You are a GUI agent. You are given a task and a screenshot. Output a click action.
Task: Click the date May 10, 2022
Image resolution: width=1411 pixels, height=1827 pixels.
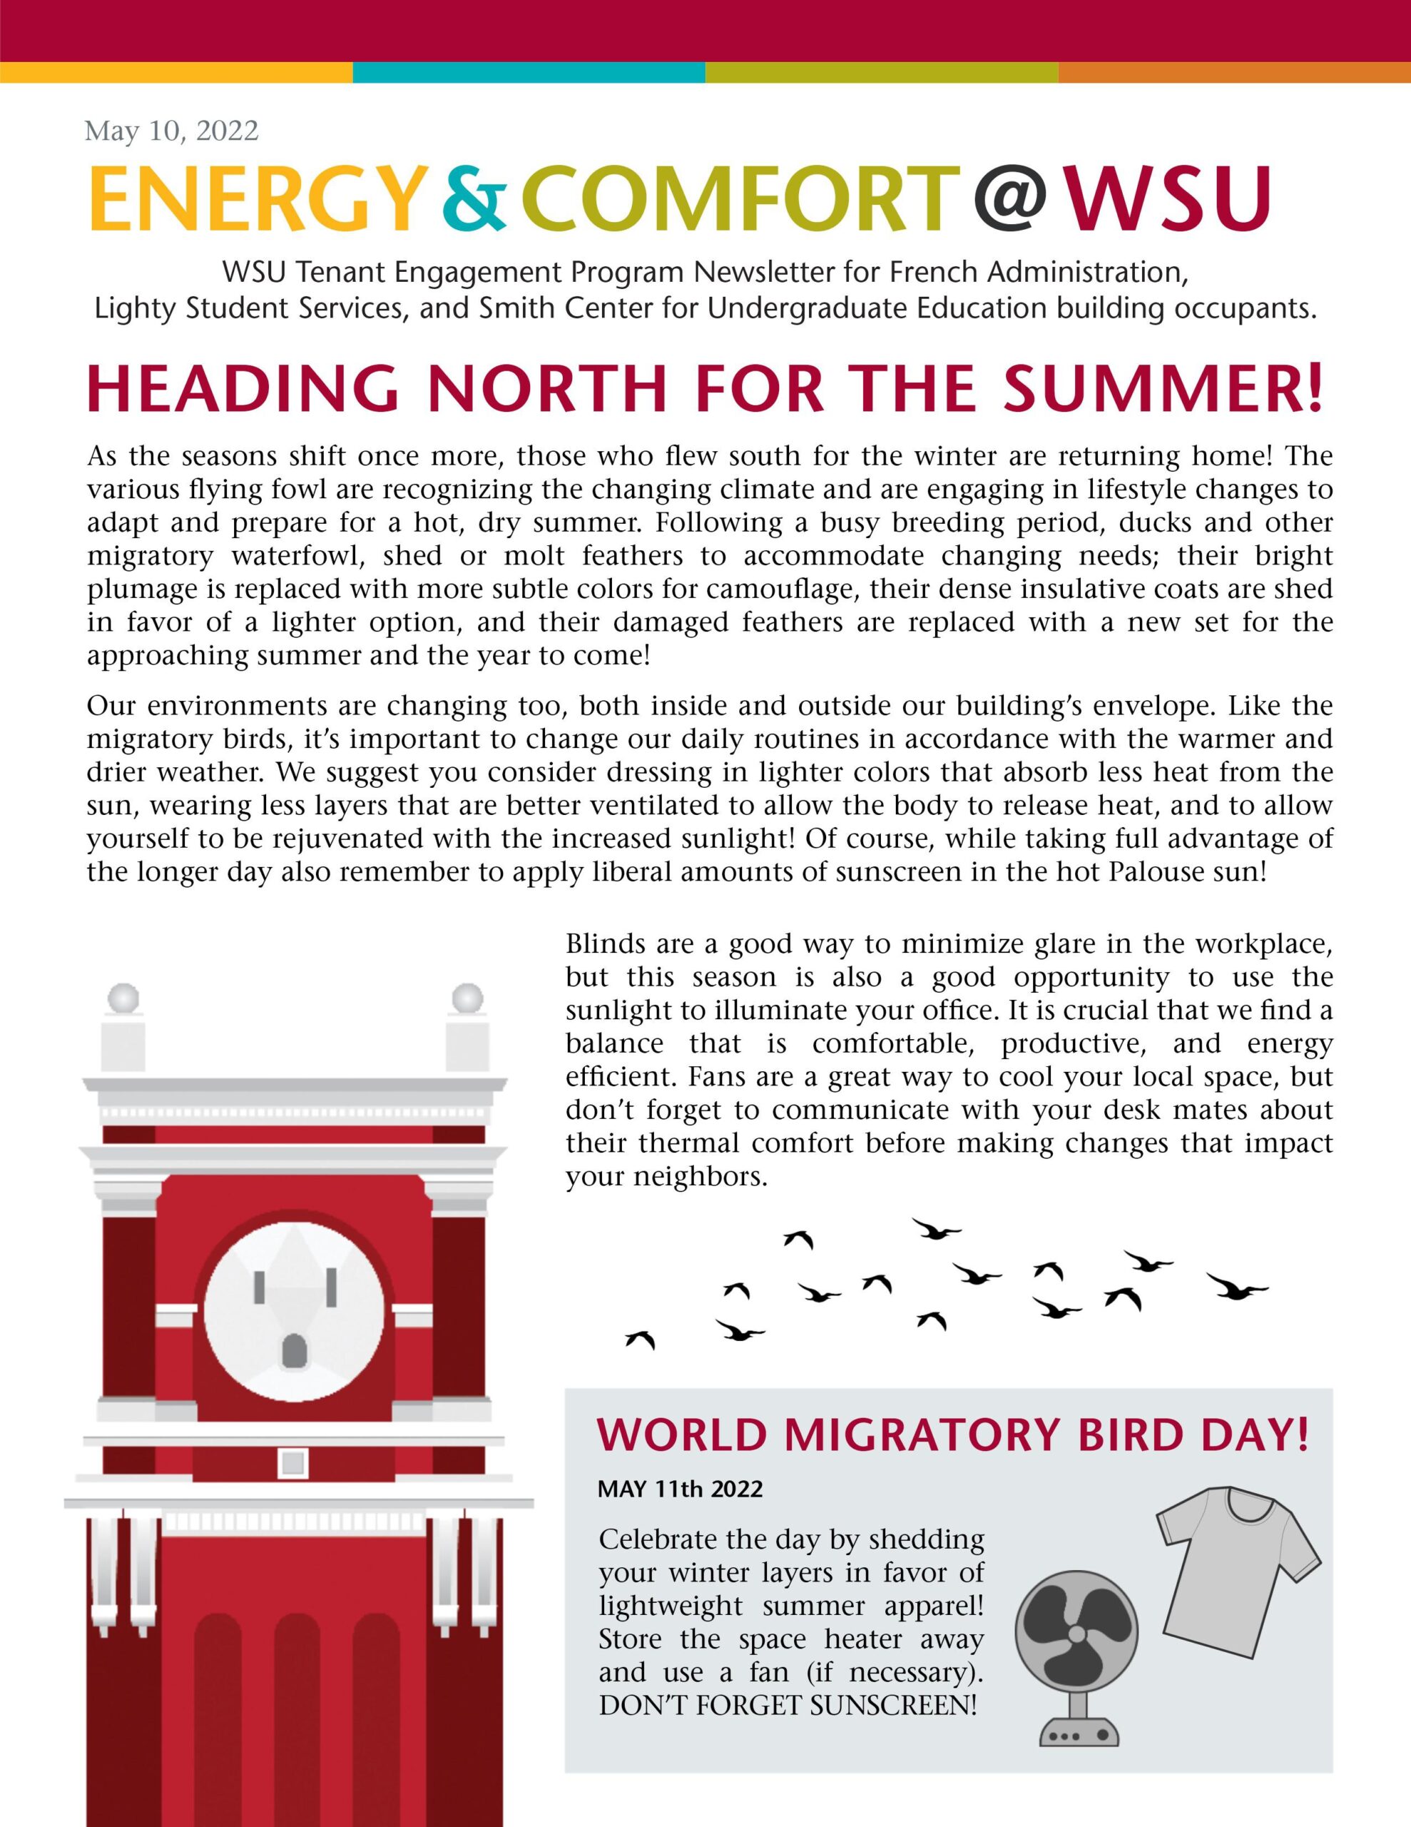click(171, 131)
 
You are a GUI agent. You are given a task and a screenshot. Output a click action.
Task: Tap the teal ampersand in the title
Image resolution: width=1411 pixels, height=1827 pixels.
click(474, 201)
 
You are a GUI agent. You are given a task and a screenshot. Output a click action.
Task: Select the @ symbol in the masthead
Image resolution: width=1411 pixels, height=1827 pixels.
click(1009, 201)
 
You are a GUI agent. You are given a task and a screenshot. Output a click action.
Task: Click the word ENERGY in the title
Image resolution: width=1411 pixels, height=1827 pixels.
click(253, 201)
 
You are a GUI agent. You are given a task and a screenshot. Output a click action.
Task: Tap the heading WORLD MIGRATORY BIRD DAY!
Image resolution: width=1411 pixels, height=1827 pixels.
click(952, 1434)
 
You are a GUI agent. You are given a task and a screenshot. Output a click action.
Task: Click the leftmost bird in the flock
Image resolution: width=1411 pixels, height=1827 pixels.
click(641, 1340)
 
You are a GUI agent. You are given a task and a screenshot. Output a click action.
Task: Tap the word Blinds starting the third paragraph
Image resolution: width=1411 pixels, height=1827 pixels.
click(606, 944)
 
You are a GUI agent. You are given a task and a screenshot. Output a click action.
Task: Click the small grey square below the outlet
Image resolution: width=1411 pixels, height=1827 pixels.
click(292, 1463)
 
